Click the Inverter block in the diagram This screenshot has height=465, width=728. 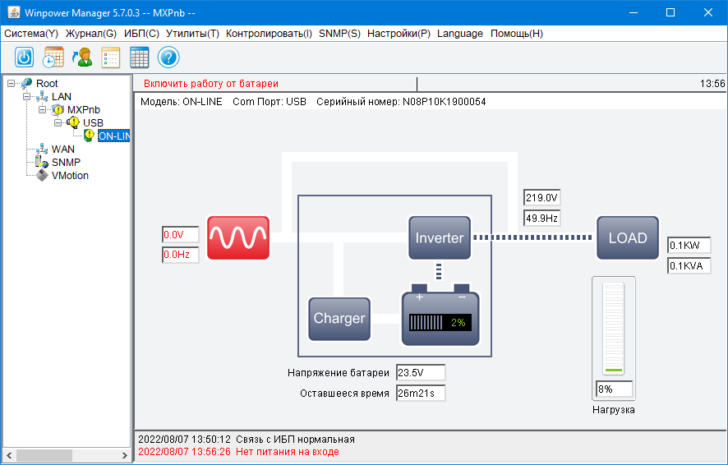pyautogui.click(x=440, y=238)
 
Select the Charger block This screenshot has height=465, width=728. pyautogui.click(x=339, y=318)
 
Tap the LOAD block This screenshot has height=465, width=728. pyautogui.click(x=628, y=238)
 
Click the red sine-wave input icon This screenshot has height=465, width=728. pyautogui.click(x=238, y=238)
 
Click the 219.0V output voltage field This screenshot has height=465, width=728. pyautogui.click(x=541, y=198)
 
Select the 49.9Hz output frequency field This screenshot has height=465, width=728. pyautogui.click(x=541, y=219)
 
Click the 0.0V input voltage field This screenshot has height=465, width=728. pyautogui.click(x=180, y=235)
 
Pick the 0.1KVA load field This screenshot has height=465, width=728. pyautogui.click(x=689, y=266)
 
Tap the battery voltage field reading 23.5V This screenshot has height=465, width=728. pyautogui.click(x=420, y=373)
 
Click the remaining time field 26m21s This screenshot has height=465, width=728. pyautogui.click(x=420, y=394)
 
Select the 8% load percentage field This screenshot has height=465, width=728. pyautogui.click(x=614, y=389)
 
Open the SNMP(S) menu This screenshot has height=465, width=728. pyautogui.click(x=340, y=34)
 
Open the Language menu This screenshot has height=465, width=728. pyautogui.click(x=460, y=34)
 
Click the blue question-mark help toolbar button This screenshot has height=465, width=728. pyautogui.click(x=168, y=58)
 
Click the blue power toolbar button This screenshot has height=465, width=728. pyautogui.click(x=25, y=58)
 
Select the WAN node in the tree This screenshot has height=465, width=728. pyautogui.click(x=62, y=150)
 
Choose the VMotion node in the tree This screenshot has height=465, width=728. pyautogui.click(x=70, y=176)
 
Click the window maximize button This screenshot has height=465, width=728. pyautogui.click(x=670, y=12)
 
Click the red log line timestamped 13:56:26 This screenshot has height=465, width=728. pyautogui.click(x=238, y=452)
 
